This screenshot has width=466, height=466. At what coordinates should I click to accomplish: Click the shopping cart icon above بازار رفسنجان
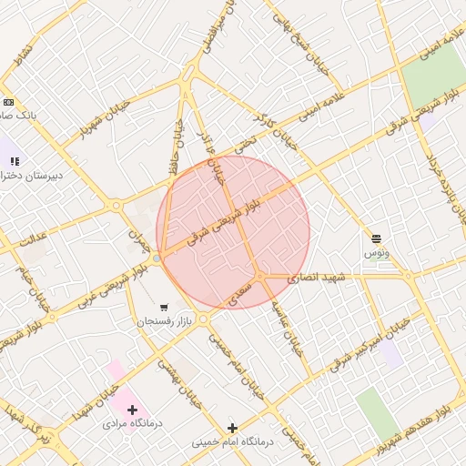[164, 307]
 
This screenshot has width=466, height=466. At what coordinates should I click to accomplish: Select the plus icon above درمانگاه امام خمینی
[232, 428]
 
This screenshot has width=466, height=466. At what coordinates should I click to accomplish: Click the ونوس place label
[377, 252]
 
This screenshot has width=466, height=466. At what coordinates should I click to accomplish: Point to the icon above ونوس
[376, 238]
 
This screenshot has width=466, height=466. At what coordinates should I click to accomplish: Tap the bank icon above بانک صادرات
[8, 102]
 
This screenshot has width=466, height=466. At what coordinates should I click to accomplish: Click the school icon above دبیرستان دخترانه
[14, 160]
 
